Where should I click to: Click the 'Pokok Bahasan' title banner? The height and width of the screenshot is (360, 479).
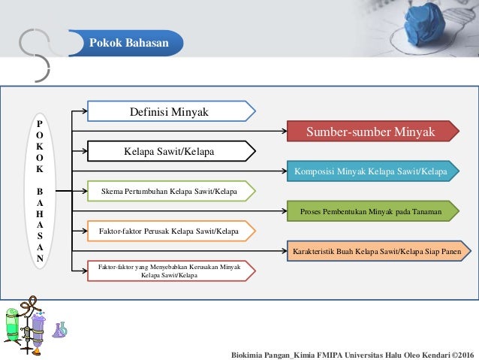click(125, 44)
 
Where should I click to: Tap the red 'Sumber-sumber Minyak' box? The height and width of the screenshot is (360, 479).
click(371, 132)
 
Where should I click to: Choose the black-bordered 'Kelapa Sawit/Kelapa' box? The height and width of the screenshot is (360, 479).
click(169, 152)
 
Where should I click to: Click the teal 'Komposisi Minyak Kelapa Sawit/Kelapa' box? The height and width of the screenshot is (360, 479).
click(371, 171)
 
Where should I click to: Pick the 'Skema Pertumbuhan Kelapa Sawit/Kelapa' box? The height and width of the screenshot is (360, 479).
click(169, 192)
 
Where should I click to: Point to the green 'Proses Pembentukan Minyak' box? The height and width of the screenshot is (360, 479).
click(371, 211)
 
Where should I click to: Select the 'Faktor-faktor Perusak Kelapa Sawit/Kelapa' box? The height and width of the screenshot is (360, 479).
click(169, 231)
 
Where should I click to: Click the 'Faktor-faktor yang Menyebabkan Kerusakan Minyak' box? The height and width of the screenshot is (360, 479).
click(169, 270)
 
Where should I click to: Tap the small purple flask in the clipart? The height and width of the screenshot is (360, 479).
click(59, 329)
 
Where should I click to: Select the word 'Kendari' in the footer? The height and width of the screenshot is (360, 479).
click(429, 353)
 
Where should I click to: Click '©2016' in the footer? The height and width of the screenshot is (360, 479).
click(461, 353)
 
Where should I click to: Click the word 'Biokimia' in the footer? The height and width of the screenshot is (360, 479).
click(249, 353)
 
